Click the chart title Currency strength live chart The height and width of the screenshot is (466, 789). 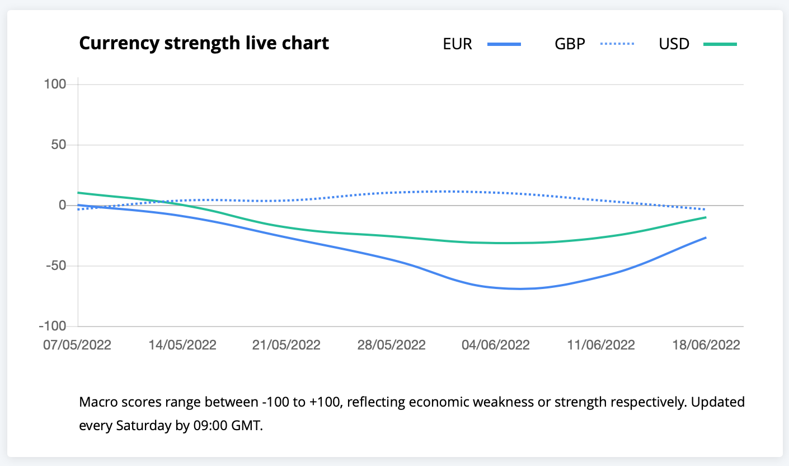point(204,43)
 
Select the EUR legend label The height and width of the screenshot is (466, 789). point(457,44)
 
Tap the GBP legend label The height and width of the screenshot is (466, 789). point(569,44)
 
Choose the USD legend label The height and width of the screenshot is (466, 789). point(674,44)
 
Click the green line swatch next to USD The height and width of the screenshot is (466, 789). point(720,44)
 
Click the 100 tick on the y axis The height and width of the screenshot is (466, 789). point(55,84)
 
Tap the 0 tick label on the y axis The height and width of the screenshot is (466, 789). point(63,205)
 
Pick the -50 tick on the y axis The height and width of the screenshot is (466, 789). point(56,265)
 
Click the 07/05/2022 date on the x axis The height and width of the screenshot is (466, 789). point(77,344)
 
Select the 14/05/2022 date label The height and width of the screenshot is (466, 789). point(182,344)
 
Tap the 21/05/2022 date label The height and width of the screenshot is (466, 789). point(287,344)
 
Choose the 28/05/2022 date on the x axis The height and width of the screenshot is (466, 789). point(391,344)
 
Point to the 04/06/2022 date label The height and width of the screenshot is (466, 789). point(495,344)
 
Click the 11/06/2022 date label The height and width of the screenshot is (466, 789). point(600,344)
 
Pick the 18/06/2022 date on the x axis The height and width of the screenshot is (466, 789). point(706,344)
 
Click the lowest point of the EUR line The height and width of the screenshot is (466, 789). point(519,288)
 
